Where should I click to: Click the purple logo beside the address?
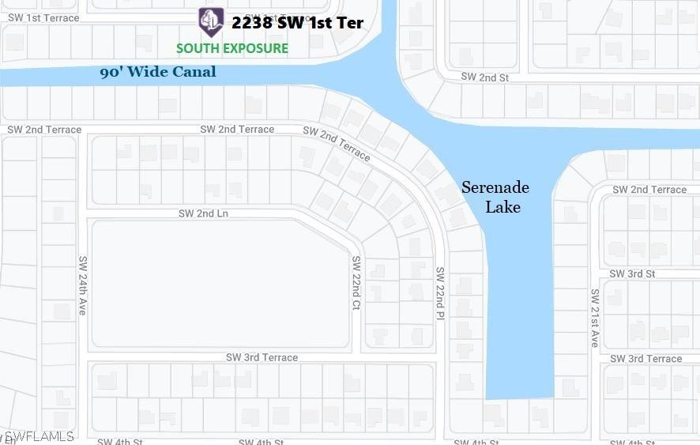click(x=211, y=22)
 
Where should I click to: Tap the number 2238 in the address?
click(x=252, y=23)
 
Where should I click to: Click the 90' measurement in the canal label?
click(x=111, y=73)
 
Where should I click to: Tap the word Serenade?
click(x=495, y=188)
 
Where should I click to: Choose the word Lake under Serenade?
click(x=502, y=207)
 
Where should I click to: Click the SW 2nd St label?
click(x=484, y=77)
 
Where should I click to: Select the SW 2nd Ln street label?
click(x=203, y=213)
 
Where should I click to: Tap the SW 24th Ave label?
click(x=82, y=285)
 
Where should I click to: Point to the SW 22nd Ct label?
click(x=356, y=283)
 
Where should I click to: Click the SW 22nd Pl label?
click(x=440, y=293)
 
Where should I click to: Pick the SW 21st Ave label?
click(x=595, y=318)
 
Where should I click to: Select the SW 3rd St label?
click(x=632, y=273)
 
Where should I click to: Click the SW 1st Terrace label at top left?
click(x=43, y=17)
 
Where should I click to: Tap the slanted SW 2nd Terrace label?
click(x=337, y=143)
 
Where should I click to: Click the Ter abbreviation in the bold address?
click(x=349, y=23)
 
